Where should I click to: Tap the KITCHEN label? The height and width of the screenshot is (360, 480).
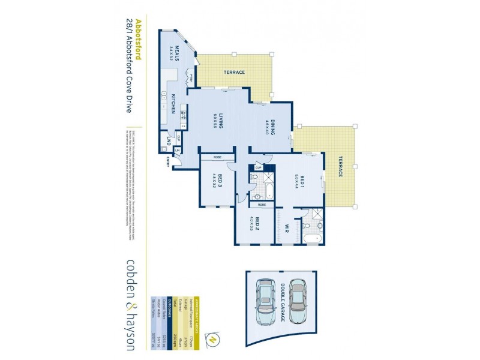173,103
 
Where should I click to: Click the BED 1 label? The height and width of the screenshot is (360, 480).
302,181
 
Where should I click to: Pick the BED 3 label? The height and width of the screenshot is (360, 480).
220,182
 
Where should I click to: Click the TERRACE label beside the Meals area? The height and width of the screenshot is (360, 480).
235,73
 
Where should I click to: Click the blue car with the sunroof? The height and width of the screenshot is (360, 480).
263,300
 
